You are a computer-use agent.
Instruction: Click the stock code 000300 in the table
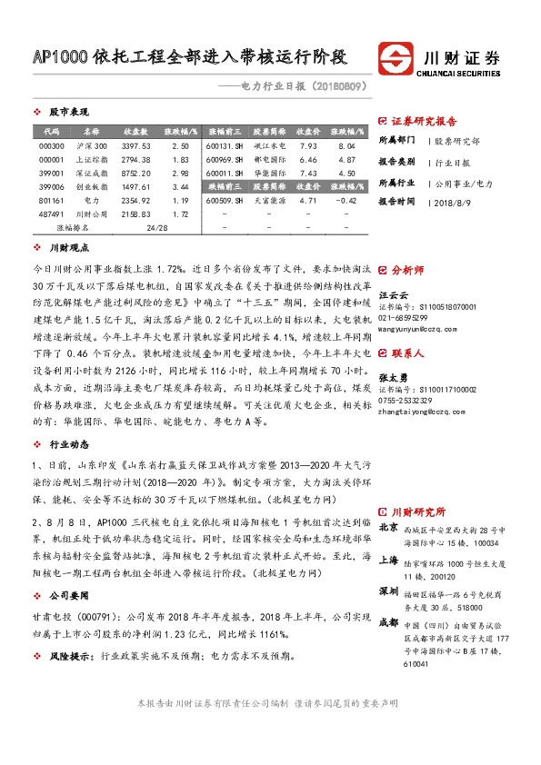tap(52, 145)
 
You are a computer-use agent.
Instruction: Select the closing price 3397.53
tap(135, 145)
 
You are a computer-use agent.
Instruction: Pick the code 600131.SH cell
tap(225, 145)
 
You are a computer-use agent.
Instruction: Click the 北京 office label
tap(388, 527)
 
